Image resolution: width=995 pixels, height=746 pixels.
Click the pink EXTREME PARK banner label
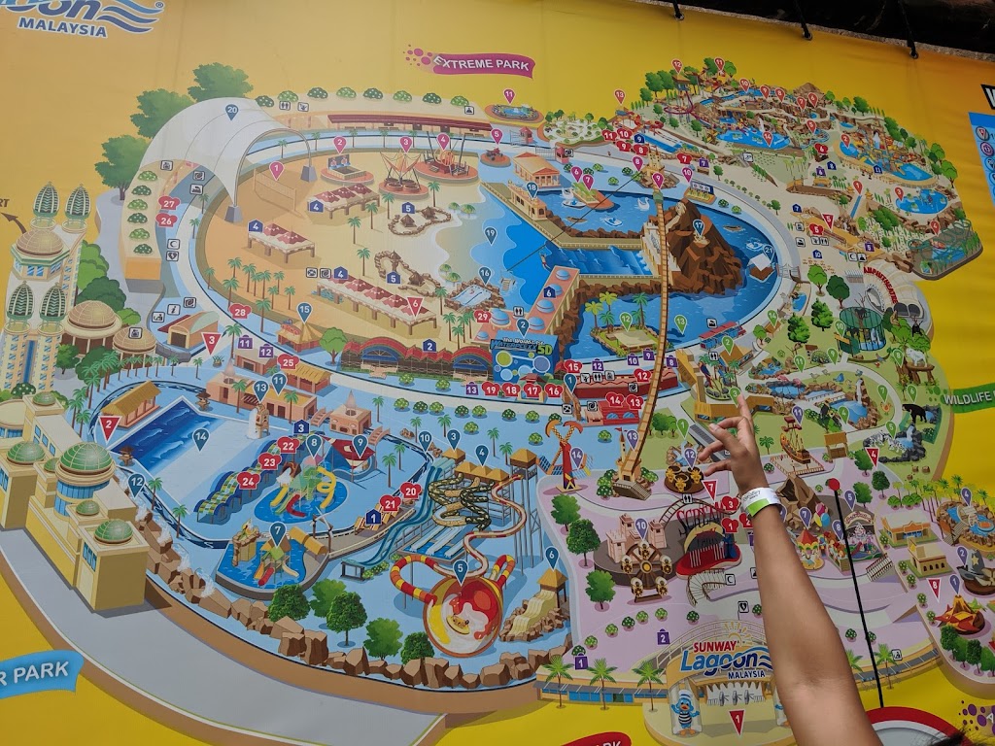tap(471, 63)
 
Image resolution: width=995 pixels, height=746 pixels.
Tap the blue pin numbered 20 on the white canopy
tap(232, 111)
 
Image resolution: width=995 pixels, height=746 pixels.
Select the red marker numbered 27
tap(169, 203)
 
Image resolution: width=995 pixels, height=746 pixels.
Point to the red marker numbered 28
tap(239, 312)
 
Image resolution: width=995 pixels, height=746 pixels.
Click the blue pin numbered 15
tap(304, 311)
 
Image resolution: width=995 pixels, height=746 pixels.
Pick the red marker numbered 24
tap(248, 479)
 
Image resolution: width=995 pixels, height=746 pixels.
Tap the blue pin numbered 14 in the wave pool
tap(201, 437)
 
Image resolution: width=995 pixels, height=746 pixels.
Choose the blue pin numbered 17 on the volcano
tap(698, 227)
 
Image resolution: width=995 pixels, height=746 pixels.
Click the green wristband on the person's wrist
tap(758, 501)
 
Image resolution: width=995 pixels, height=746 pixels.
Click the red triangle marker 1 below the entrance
tap(737, 720)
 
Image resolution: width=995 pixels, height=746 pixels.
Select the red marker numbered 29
tap(483, 316)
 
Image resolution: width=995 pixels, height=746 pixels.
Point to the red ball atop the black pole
tap(833, 485)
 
